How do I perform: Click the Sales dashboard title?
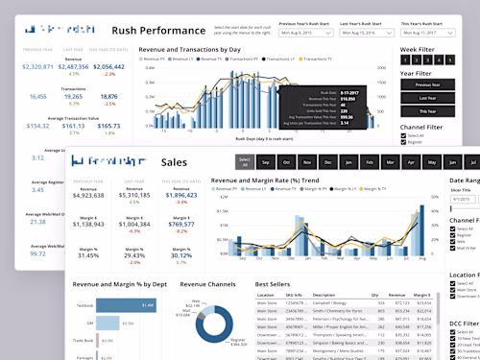tap(175, 162)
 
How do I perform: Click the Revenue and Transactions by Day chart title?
tap(189, 48)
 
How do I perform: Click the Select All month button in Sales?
tap(245, 162)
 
